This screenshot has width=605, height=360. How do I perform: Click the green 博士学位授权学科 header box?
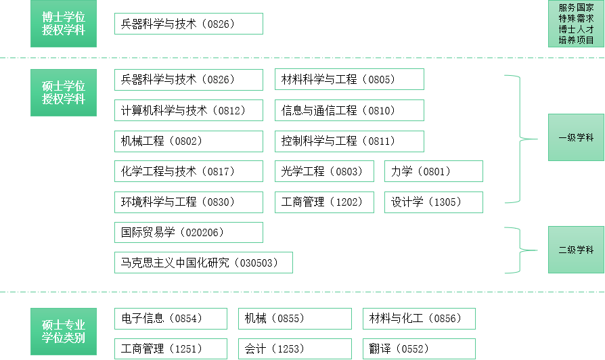[x=64, y=24]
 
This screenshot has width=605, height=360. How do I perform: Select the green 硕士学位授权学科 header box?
[x=64, y=92]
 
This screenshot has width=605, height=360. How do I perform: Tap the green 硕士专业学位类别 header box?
[x=64, y=330]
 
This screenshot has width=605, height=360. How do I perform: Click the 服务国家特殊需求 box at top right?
[x=576, y=24]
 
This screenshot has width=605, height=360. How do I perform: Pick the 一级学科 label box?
[x=576, y=137]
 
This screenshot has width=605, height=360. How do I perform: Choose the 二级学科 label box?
[x=576, y=250]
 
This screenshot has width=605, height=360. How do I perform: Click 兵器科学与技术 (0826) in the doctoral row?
[x=188, y=24]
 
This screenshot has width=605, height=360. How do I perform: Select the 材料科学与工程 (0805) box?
[x=349, y=79]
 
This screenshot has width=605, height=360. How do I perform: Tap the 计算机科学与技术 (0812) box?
[x=188, y=110]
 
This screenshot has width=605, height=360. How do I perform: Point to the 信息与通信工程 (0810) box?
[x=349, y=110]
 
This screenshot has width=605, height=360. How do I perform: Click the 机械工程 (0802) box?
[x=188, y=141]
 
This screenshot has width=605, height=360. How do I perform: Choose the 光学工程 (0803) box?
[x=324, y=171]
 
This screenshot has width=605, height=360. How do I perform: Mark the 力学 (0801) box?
[x=433, y=171]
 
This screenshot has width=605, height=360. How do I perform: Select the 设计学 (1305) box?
[x=433, y=202]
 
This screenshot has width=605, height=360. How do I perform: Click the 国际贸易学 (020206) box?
[x=188, y=232]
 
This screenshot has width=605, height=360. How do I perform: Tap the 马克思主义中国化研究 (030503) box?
[x=203, y=263]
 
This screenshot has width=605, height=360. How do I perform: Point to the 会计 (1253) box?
[x=294, y=349]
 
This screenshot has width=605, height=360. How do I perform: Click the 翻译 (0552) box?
[x=418, y=349]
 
